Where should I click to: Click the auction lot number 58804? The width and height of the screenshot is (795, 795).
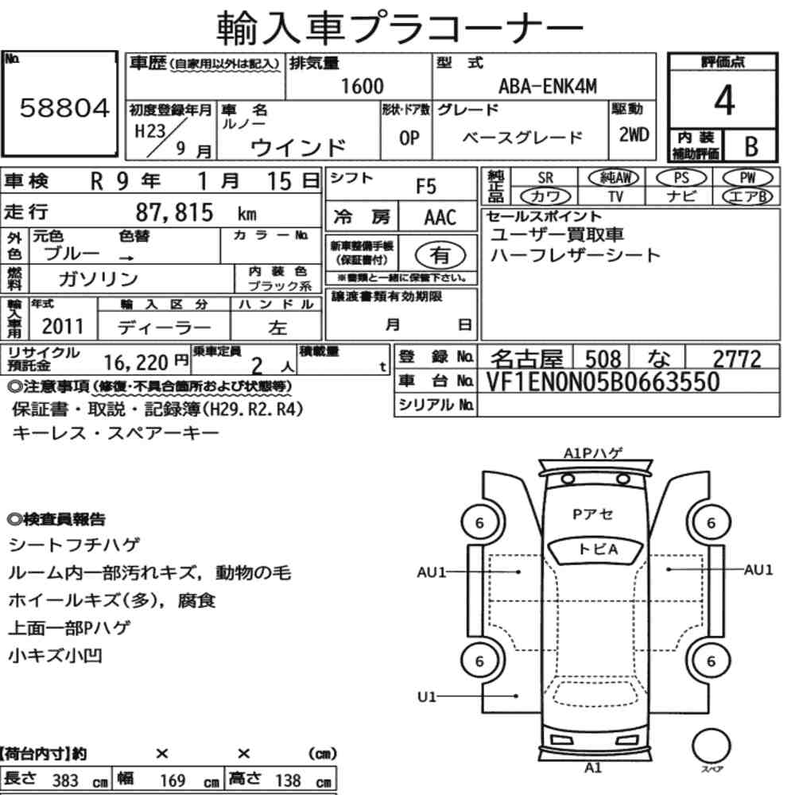64,108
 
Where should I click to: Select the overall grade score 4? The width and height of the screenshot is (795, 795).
724,100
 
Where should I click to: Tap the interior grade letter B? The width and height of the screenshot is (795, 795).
751,146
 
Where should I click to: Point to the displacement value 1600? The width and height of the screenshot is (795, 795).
362,86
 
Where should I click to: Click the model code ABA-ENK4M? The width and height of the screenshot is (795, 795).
548,86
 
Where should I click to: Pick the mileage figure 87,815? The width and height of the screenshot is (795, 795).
174,212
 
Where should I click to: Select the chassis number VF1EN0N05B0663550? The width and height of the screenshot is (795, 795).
603,382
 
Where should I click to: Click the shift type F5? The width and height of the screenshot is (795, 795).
426,187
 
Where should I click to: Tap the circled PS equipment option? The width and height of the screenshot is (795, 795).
681,178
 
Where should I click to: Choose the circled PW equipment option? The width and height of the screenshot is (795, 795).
747,178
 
